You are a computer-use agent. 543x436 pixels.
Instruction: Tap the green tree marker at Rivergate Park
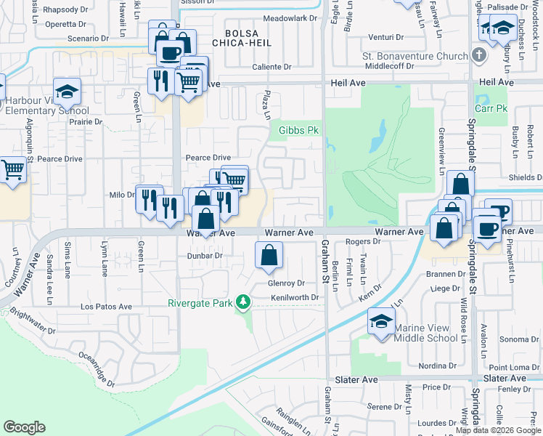coord(245,301)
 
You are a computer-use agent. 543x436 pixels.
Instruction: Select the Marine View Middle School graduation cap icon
coord(381,320)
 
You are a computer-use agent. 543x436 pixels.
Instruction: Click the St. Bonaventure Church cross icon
coord(478,55)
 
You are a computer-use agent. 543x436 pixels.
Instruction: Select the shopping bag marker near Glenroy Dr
coord(269,255)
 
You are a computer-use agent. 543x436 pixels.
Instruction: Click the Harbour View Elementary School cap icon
coord(67,92)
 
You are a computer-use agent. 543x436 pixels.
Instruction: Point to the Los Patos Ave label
coord(106,307)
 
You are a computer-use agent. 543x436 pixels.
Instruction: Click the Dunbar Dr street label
coord(204,256)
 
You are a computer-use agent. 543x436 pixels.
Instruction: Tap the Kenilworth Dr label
coord(295,298)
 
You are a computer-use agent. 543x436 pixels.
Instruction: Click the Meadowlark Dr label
coord(290,17)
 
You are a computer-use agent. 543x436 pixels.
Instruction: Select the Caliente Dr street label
coord(271,67)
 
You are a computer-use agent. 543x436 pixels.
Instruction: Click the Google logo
coord(25,427)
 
